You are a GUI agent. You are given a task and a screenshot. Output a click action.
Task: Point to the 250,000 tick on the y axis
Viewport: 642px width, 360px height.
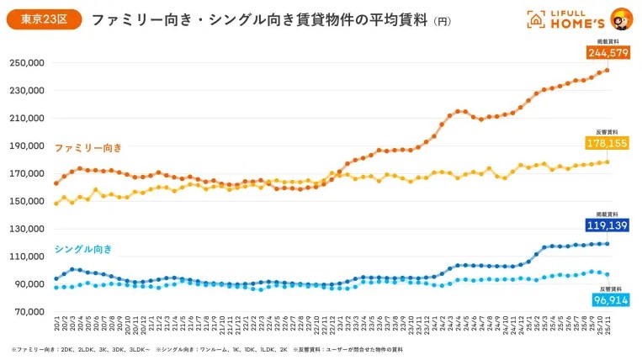pos(26,63)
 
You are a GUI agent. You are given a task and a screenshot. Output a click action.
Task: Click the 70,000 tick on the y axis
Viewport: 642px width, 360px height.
pos(29,312)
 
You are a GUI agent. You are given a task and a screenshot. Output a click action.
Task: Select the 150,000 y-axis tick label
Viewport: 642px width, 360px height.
pos(26,201)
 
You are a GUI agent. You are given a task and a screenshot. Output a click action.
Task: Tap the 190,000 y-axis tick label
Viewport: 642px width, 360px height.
pos(26,146)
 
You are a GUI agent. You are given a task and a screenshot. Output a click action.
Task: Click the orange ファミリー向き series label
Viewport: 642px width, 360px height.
pos(88,148)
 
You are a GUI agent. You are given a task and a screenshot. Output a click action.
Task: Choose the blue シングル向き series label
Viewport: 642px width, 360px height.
pos(82,249)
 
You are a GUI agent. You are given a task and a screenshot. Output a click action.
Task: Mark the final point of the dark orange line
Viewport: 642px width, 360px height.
pos(608,70)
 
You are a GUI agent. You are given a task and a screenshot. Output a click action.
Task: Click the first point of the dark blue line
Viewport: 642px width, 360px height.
pos(56,278)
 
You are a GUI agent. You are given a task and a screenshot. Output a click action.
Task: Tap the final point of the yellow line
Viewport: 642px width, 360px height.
pos(608,161)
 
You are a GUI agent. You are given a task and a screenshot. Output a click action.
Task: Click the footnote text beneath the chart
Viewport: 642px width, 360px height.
pos(207,348)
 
